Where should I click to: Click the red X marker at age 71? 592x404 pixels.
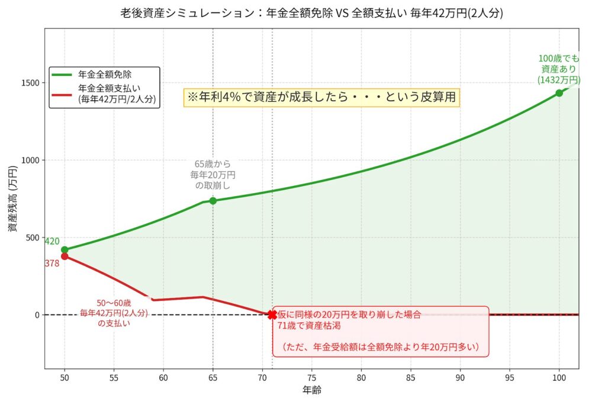click(272, 315)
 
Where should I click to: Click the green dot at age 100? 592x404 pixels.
click(559, 93)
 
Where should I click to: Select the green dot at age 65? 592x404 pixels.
click(213, 201)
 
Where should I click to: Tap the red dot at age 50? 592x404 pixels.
click(65, 256)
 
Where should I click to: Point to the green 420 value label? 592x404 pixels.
click(52, 241)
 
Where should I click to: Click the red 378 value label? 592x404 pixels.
click(52, 264)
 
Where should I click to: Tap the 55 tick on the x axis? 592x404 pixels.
click(114, 377)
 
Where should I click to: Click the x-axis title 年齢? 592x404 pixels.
click(311, 390)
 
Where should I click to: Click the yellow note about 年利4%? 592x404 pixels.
click(322, 97)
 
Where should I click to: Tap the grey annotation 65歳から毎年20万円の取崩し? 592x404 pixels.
click(213, 175)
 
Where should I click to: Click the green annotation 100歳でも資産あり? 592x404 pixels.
click(555, 69)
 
